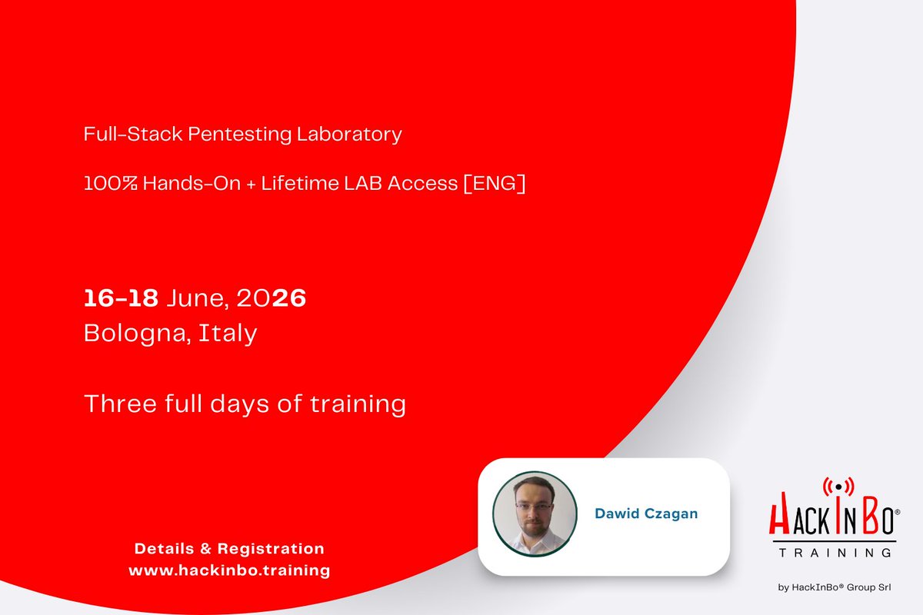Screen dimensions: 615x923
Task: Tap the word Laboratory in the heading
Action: click(x=349, y=135)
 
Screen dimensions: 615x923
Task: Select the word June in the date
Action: click(x=188, y=298)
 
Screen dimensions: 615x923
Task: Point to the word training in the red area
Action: click(x=357, y=404)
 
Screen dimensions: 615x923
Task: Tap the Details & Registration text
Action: click(x=229, y=549)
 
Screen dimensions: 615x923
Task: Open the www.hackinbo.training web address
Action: click(x=229, y=570)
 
